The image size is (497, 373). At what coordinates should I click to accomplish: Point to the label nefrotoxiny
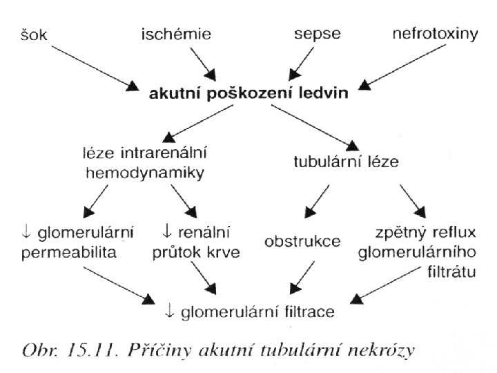435,33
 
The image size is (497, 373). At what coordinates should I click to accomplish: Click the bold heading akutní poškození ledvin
249,94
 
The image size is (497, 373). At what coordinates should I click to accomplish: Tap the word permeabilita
68,254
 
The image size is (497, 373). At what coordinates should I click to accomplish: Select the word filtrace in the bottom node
304,312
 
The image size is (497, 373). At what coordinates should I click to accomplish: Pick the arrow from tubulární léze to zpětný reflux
413,201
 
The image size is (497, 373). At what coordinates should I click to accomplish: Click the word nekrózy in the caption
384,351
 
